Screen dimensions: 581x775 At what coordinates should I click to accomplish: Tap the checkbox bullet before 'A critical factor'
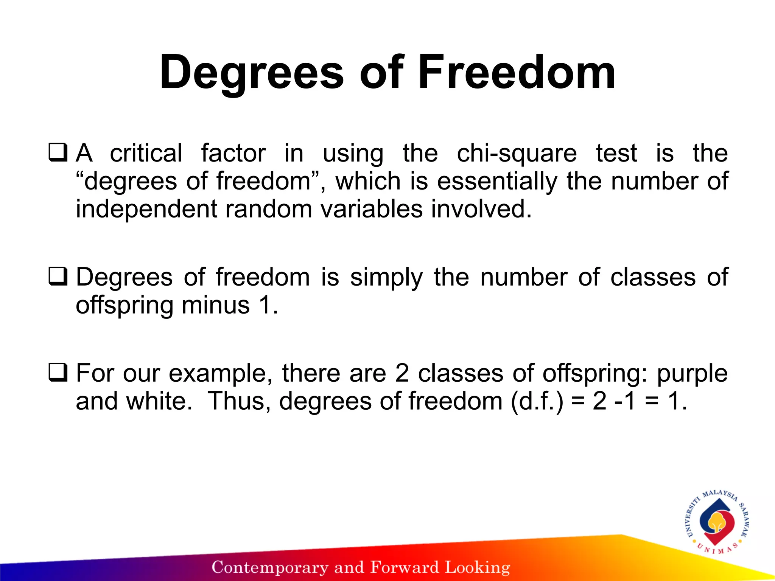coord(58,152)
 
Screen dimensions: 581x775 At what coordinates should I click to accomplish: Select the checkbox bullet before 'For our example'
coord(58,372)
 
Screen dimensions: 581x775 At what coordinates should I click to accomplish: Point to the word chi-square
coord(517,154)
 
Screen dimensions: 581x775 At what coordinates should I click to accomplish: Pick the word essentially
coord(497,182)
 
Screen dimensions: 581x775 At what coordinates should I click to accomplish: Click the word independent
coord(146,209)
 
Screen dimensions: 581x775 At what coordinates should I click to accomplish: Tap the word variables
coord(372,209)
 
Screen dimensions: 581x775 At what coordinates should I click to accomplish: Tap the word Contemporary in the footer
coord(270,567)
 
